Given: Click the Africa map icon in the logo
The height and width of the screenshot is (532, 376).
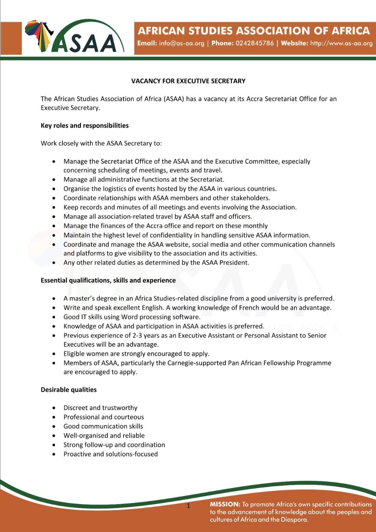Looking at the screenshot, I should pyautogui.click(x=39, y=35).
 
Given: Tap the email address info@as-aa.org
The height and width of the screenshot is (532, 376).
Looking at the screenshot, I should pyautogui.click(x=181, y=43).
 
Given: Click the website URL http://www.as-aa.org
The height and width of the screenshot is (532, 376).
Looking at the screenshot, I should pyautogui.click(x=341, y=43).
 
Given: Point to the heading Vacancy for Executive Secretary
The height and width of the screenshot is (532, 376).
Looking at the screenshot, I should pyautogui.click(x=188, y=81).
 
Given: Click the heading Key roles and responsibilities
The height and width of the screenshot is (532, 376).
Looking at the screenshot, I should pyautogui.click(x=85, y=126).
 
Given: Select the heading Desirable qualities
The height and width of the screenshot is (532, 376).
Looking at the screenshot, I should pyautogui.click(x=69, y=390).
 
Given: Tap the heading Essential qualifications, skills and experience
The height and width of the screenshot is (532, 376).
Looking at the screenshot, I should pyautogui.click(x=108, y=280).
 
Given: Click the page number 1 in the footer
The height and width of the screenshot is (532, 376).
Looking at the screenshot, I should pyautogui.click(x=188, y=506).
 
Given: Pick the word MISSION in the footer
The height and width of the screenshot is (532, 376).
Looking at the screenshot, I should pyautogui.click(x=225, y=504).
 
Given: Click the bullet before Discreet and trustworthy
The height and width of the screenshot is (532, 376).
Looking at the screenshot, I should pyautogui.click(x=54, y=408).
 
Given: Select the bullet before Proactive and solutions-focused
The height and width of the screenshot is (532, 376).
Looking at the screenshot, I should pyautogui.click(x=54, y=454).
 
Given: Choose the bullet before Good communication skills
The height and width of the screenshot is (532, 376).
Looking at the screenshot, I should pyautogui.click(x=54, y=426).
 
